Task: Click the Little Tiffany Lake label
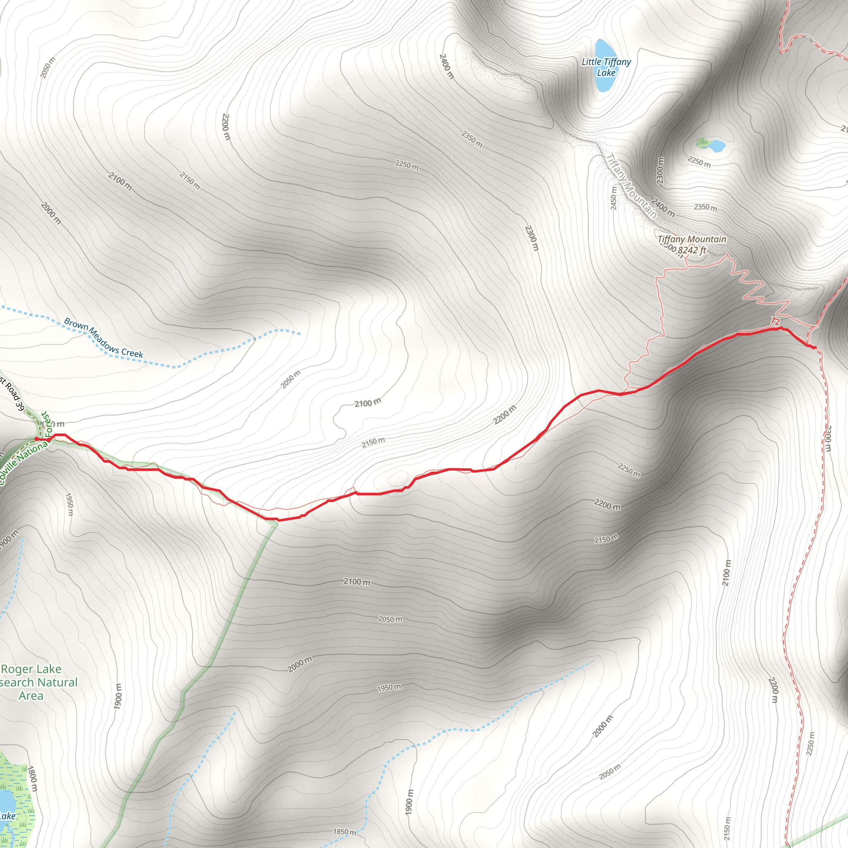coord(606,67)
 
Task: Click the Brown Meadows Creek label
coord(104,337)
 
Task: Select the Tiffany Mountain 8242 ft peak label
coord(691,244)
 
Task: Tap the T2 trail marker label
coord(775,322)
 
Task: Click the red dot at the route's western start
coord(36,438)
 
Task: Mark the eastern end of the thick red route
coord(814,348)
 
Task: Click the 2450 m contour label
coord(614,198)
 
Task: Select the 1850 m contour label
coord(344,832)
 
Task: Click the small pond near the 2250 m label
coord(717,145)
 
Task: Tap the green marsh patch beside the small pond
coord(702,142)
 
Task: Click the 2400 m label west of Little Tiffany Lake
coord(446,66)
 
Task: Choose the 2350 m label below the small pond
coord(705,207)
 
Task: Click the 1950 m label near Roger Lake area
coord(69,504)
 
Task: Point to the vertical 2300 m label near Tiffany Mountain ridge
coord(660,170)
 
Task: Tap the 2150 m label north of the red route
coord(373,443)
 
